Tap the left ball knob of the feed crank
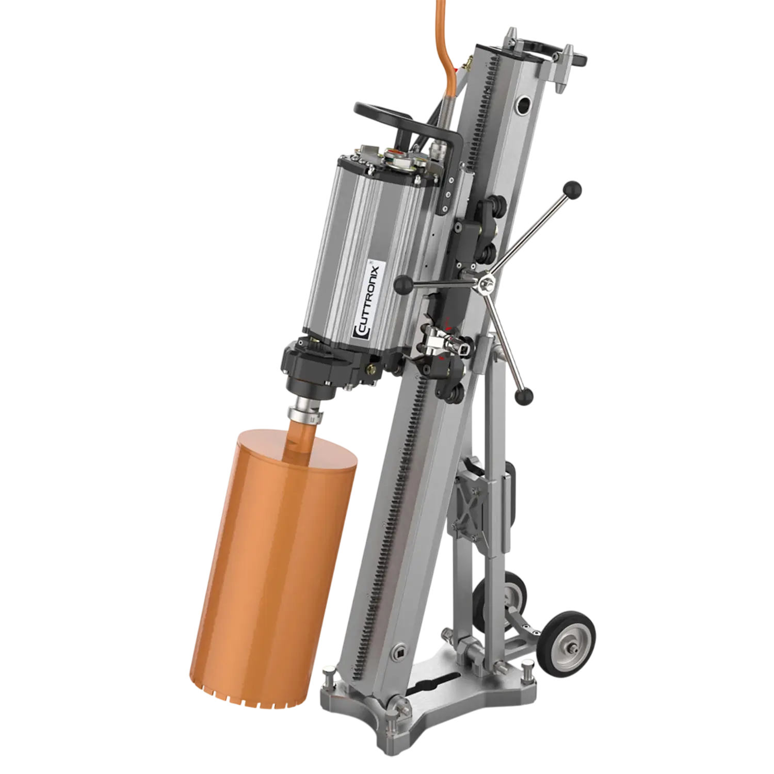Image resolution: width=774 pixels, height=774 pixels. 404,284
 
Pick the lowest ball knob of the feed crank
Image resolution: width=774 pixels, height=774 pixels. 525,396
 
